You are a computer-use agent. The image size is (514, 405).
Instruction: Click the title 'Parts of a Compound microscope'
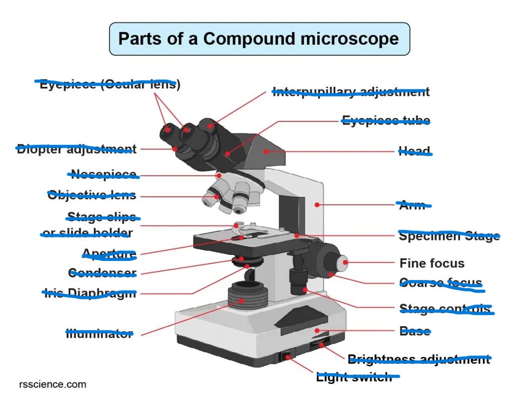click(259, 39)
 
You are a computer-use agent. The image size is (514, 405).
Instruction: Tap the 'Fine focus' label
click(432, 263)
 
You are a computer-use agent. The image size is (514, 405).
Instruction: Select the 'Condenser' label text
click(102, 273)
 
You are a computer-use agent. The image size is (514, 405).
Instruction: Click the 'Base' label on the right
click(415, 331)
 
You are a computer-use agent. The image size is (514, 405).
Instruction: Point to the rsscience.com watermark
click(52, 384)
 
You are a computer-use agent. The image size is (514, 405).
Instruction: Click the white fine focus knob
click(343, 262)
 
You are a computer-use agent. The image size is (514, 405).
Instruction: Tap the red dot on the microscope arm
click(317, 204)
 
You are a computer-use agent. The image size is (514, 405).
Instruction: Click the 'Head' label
click(414, 151)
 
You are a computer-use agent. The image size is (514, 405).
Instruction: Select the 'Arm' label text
click(412, 205)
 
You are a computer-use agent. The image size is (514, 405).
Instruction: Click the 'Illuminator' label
click(99, 333)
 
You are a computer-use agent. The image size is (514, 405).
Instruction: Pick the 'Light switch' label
click(354, 377)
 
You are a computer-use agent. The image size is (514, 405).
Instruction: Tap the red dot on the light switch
click(288, 357)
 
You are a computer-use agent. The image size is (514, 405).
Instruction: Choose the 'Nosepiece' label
click(103, 175)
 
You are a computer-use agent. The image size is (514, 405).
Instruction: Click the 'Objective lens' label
click(92, 195)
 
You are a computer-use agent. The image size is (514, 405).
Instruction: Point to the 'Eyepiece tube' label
click(385, 120)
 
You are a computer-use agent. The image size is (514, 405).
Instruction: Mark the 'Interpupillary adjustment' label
click(350, 92)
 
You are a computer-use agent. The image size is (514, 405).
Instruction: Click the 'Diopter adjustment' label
click(76, 149)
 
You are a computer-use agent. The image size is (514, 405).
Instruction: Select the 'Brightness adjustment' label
click(419, 359)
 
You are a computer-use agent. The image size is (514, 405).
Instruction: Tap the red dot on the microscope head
click(267, 151)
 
